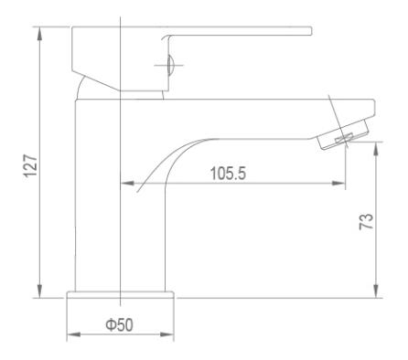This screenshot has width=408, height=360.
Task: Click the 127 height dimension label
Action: point(31,166)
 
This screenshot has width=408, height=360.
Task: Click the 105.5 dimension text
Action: point(228,174)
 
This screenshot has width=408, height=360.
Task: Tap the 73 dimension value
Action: point(366,221)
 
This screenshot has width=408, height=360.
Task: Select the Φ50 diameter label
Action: point(119,324)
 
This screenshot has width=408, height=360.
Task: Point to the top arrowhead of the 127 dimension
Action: point(39,34)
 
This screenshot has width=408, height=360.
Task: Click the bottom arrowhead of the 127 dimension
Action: point(39,291)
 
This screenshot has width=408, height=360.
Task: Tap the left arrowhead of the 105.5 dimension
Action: point(127,183)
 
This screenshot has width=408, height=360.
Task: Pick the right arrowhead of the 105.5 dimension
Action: point(338,183)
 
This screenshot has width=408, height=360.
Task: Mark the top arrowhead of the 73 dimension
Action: point(376,149)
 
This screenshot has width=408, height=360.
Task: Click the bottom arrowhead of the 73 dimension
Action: point(376,291)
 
